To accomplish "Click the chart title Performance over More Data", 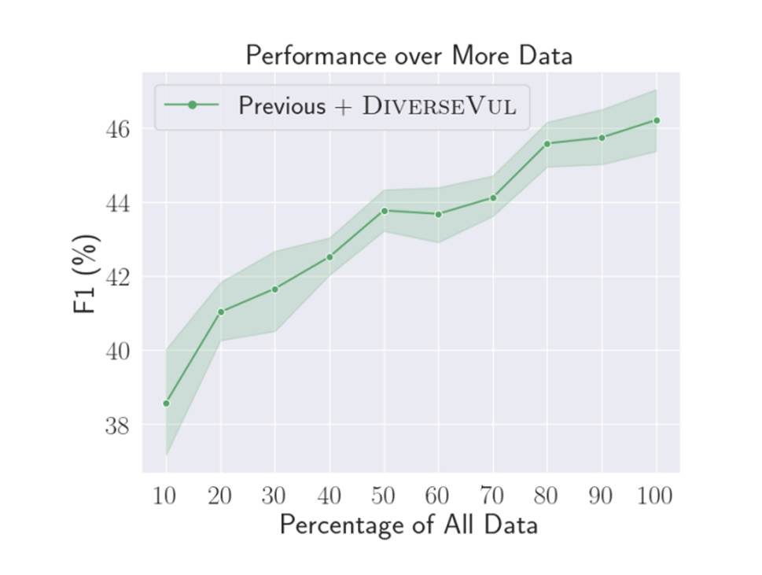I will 408,56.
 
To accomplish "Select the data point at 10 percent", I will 166,404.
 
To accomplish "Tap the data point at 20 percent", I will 221,312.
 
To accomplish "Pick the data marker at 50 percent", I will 385,211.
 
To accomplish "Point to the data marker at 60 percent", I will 439,214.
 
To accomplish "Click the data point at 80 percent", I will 547,143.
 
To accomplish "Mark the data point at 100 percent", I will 657,120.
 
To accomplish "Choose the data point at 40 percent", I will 329,257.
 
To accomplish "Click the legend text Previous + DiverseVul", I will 377,105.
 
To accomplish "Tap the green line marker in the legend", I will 192,105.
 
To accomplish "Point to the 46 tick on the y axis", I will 118,129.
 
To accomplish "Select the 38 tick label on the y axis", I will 118,426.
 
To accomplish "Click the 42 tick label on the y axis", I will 118,277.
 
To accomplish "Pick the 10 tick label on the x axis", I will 164,496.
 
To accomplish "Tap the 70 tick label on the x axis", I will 491,496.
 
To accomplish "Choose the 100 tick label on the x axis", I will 655,496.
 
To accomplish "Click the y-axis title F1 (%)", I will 87,274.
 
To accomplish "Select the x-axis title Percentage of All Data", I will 409,525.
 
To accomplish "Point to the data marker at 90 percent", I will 602,138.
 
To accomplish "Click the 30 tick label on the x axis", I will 274,496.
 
